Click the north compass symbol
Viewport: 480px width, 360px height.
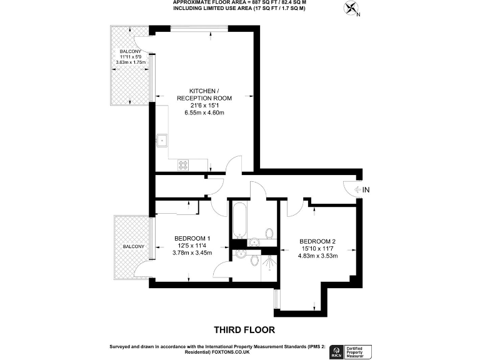[351, 9]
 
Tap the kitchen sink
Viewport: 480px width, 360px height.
[162, 140]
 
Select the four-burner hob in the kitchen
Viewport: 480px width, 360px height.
[184, 165]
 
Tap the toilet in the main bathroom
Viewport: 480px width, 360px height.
[269, 234]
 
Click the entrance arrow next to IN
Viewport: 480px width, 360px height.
[358, 189]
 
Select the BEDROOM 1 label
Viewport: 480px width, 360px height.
[192, 238]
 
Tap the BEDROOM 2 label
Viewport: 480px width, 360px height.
[317, 242]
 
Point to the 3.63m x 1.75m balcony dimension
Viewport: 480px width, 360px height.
[131, 62]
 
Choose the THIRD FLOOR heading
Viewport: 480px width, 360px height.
[244, 329]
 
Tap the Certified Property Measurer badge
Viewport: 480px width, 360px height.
[359, 351]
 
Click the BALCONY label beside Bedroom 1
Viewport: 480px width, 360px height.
[133, 247]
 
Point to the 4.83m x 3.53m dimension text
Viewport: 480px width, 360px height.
[317, 256]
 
